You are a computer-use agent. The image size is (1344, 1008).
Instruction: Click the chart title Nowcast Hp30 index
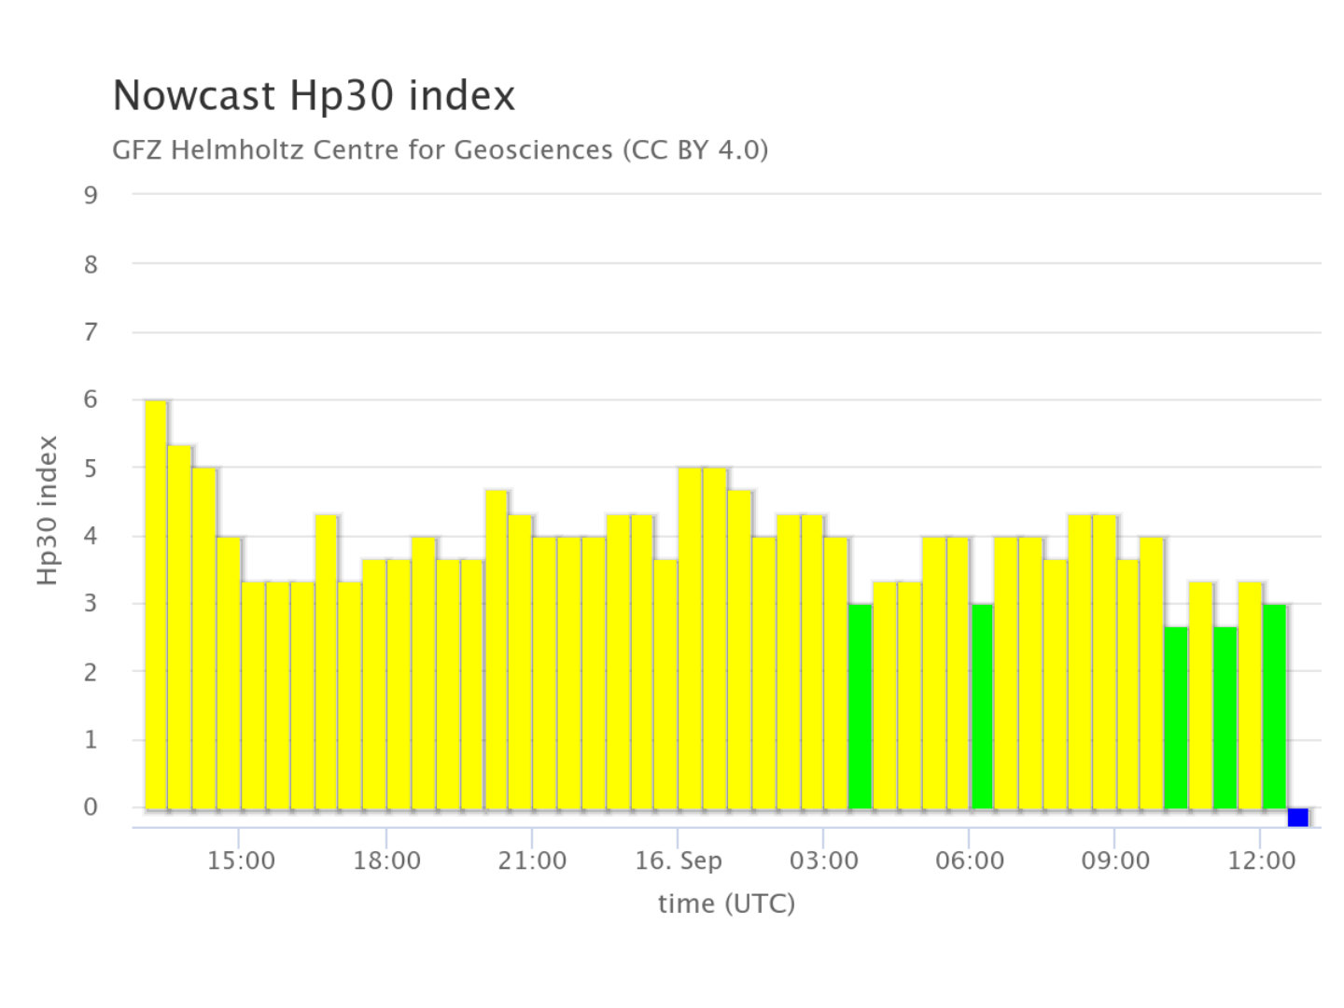[x=314, y=96]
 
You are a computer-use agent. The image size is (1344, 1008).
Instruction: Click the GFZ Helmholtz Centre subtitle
[x=440, y=149]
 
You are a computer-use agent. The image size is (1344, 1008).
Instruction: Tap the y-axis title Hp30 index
[x=49, y=511]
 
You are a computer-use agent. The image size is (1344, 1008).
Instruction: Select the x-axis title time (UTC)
[x=726, y=903]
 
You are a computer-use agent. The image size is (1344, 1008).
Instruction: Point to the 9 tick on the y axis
[x=91, y=195]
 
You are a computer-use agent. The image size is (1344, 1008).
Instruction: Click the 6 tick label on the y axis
[x=91, y=399]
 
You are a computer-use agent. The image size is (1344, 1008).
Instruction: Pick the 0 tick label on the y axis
[x=91, y=807]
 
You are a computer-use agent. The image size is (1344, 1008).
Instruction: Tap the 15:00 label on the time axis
[x=241, y=861]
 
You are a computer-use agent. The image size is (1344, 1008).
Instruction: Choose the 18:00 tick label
[x=386, y=861]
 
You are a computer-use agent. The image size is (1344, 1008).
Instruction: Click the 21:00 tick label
[x=532, y=861]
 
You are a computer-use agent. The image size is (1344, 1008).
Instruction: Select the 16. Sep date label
[x=679, y=861]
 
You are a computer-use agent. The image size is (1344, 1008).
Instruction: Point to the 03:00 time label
[x=823, y=861]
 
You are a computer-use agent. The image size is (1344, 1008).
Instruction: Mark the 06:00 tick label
[x=970, y=861]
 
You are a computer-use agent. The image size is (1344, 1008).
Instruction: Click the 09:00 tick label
[x=1115, y=861]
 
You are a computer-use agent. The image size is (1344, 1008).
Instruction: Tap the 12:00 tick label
[x=1261, y=861]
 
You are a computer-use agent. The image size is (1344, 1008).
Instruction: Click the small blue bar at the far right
[x=1297, y=818]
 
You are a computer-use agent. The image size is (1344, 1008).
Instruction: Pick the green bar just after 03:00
[x=860, y=707]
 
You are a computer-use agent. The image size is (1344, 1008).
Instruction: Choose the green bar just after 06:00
[x=982, y=707]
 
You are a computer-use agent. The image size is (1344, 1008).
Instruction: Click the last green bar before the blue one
[x=1274, y=707]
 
